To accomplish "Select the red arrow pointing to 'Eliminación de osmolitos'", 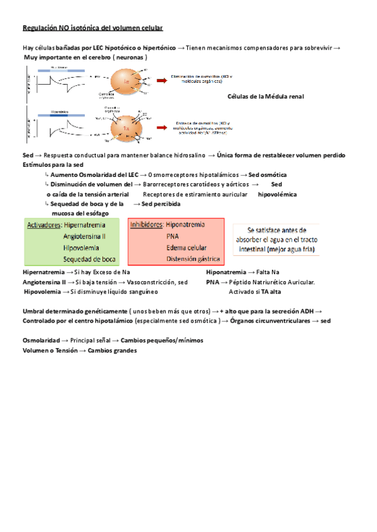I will (161, 78).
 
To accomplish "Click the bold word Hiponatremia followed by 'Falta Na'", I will (226, 273).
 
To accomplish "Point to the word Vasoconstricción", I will (147, 282).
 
